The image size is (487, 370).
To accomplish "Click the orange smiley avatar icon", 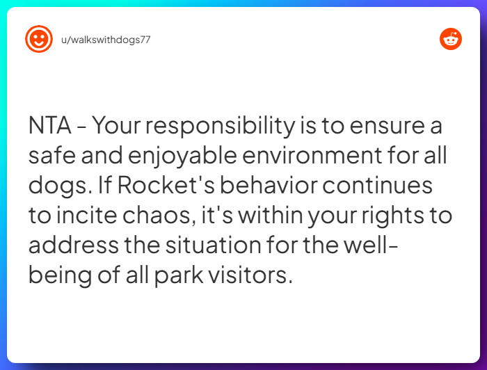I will point(39,39).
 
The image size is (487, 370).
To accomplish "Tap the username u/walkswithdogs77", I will point(106,40).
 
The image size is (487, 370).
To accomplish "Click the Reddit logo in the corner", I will point(451,39).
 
